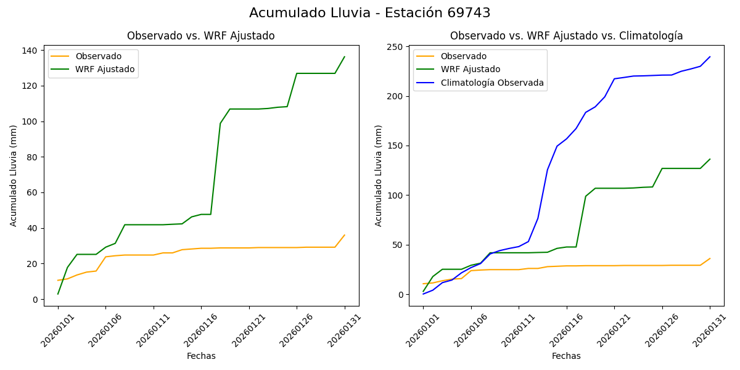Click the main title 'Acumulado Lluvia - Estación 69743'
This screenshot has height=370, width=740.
(x=370, y=13)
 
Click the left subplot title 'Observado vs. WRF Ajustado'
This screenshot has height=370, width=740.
(x=201, y=36)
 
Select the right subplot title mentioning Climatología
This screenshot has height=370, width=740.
(x=566, y=36)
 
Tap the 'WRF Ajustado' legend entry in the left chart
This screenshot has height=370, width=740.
(x=105, y=69)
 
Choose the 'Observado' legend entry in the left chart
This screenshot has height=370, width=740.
(x=99, y=56)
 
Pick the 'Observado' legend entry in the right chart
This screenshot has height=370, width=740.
(x=463, y=56)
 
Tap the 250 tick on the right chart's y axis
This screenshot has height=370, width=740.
(x=396, y=47)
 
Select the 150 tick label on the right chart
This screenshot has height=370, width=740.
(x=396, y=146)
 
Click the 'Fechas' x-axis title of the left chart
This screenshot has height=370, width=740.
(x=201, y=356)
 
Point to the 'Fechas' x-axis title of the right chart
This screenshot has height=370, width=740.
(x=566, y=356)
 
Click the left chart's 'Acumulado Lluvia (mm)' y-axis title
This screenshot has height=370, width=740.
(x=14, y=176)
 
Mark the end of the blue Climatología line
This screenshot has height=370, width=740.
(x=710, y=57)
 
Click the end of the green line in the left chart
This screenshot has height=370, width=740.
(x=345, y=57)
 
